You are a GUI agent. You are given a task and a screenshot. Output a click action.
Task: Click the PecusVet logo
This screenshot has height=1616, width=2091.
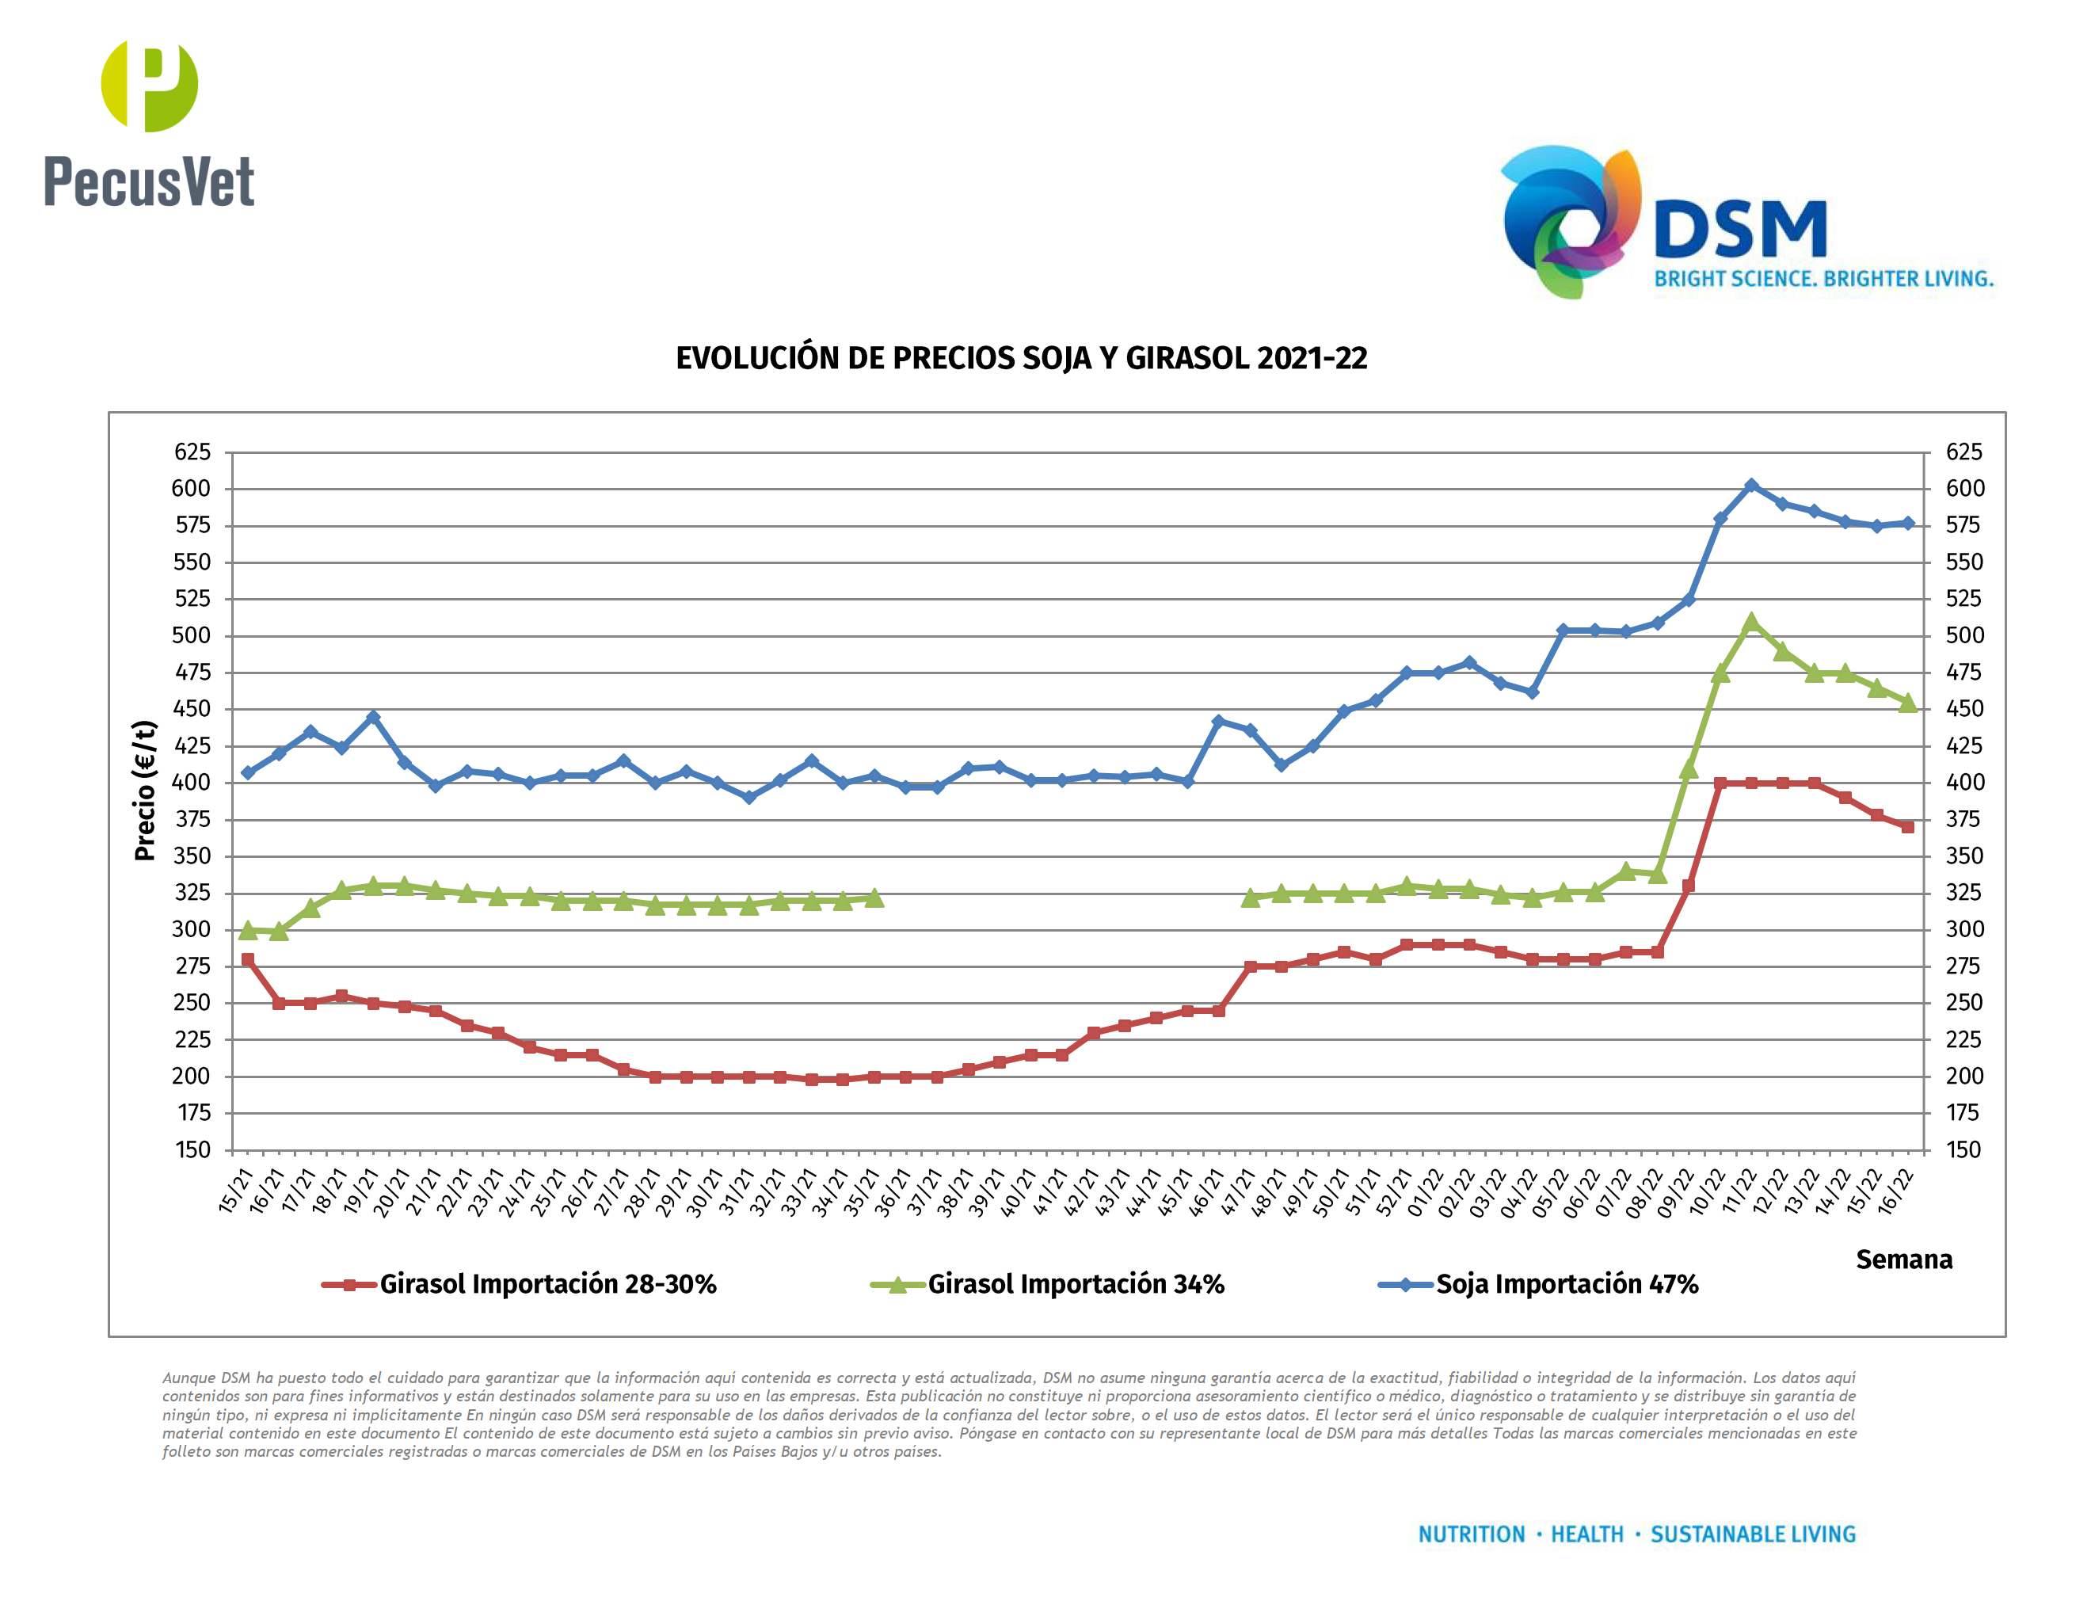tap(150, 124)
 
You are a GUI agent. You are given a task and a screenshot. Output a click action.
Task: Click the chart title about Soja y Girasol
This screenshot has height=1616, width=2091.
tap(1021, 358)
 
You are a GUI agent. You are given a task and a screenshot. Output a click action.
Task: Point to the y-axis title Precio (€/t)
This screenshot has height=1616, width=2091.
tap(145, 791)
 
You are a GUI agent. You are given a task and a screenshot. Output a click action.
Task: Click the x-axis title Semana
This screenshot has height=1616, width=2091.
tap(1903, 1259)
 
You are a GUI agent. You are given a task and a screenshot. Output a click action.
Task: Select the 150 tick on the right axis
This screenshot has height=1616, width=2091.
tap(1963, 1149)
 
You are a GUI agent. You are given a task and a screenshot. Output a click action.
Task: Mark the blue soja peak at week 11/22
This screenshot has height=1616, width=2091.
tap(1751, 486)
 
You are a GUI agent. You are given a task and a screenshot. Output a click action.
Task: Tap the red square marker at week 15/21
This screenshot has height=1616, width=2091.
tap(248, 959)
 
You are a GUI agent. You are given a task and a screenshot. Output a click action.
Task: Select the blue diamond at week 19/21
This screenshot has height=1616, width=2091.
tap(373, 717)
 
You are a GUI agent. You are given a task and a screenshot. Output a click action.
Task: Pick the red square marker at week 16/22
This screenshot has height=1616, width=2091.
tap(1907, 827)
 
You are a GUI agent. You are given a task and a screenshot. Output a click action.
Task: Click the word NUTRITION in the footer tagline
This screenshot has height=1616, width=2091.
tap(1471, 1534)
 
